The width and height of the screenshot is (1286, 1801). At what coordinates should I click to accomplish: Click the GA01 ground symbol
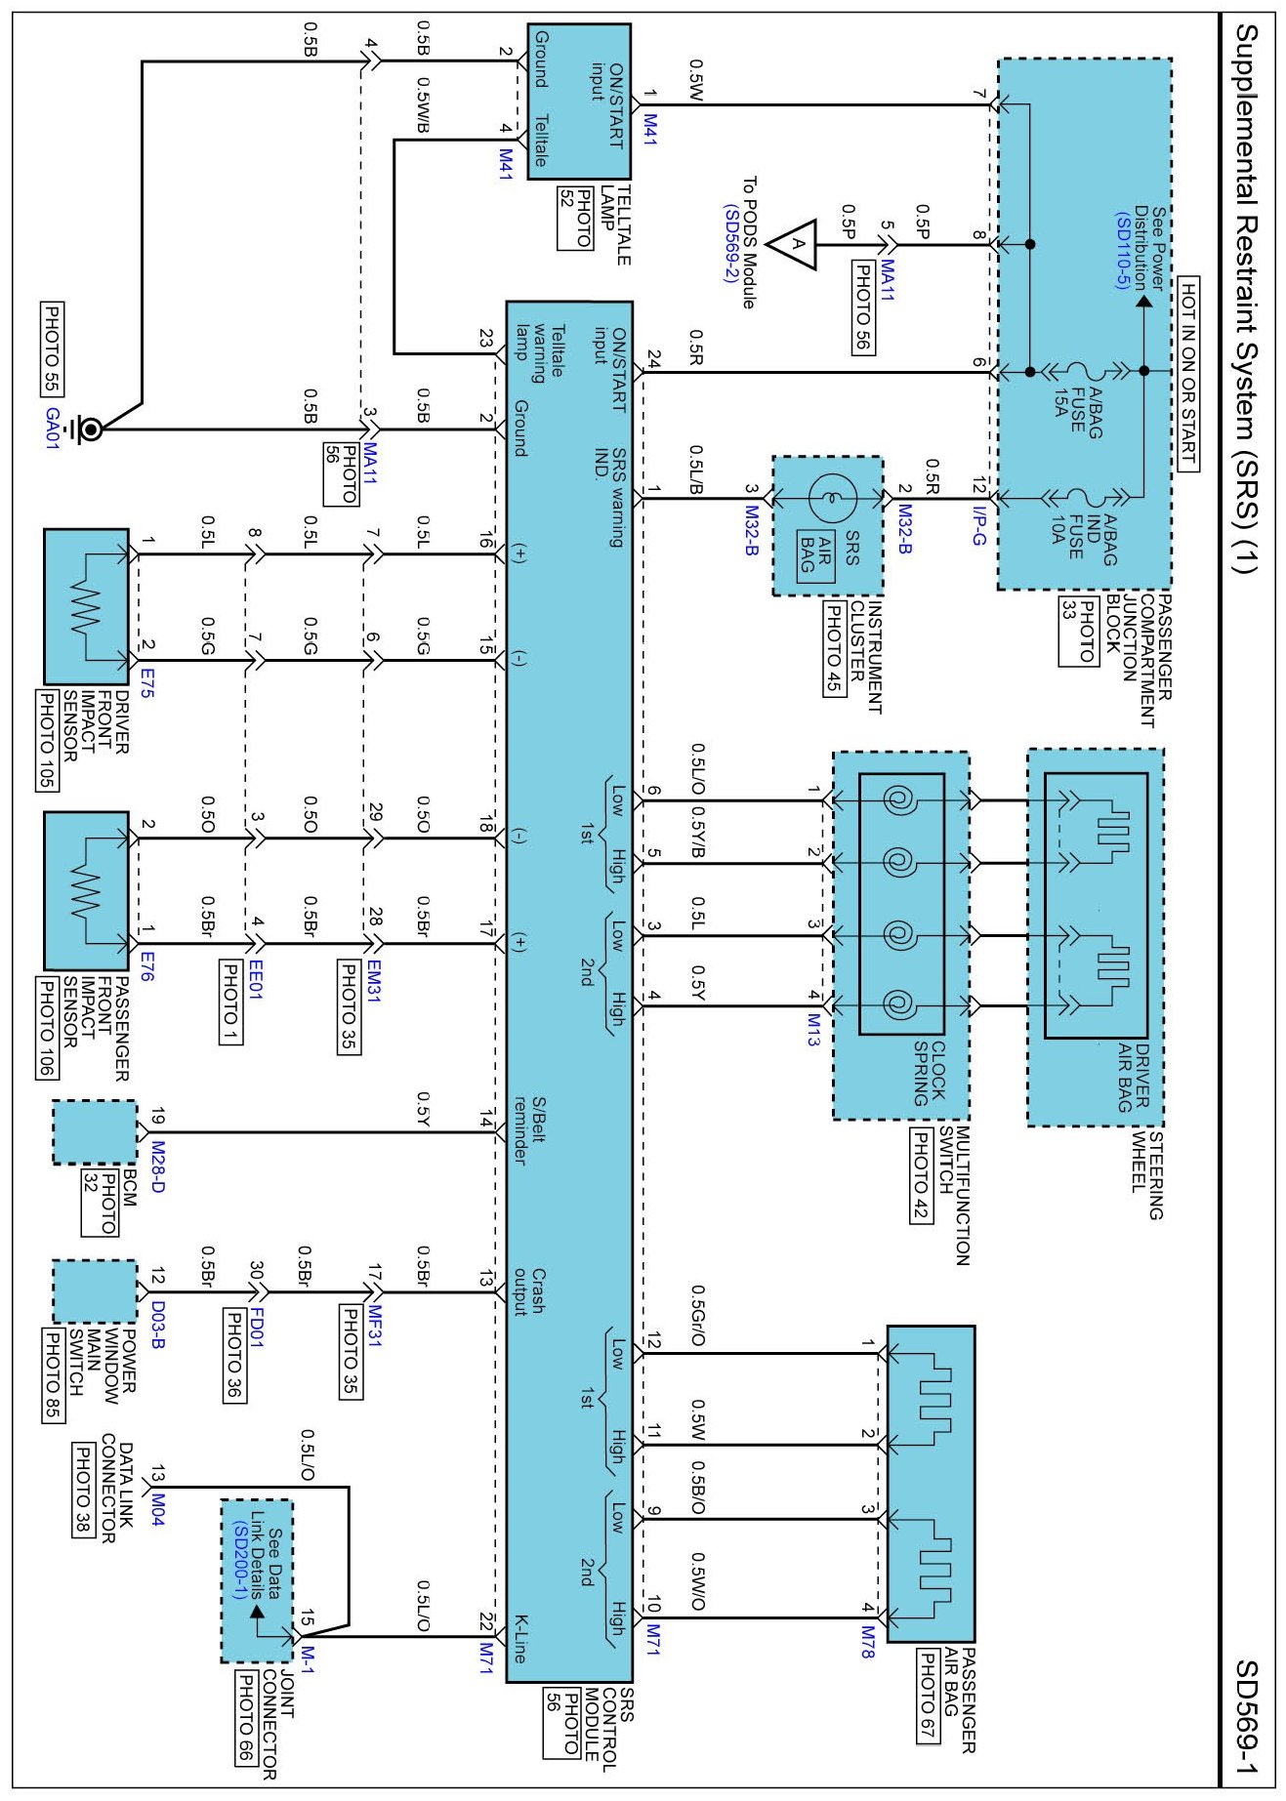[x=89, y=429]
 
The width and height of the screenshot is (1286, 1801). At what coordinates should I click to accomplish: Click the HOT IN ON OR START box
[x=1187, y=374]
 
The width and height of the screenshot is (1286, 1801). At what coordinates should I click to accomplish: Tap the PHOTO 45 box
[x=834, y=647]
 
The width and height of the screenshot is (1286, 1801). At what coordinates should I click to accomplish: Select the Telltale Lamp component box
[x=579, y=102]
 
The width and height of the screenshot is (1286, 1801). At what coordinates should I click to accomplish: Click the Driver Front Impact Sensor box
[x=86, y=606]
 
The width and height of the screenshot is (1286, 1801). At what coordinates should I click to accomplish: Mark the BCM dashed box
[x=94, y=1132]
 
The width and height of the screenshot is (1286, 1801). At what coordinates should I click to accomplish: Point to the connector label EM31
[x=373, y=980]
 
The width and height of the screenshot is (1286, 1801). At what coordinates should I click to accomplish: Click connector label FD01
[x=257, y=1329]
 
